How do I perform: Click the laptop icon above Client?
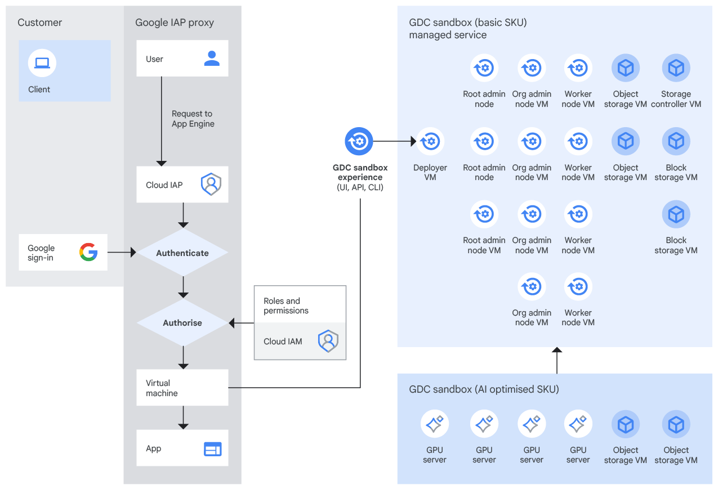pos(42,63)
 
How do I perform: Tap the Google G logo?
pos(88,253)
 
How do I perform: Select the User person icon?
pos(212,59)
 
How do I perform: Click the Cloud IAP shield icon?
pos(211,185)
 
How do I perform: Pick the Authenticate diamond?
pos(182,253)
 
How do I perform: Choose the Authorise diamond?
pos(182,323)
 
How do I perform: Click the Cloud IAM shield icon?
pos(328,341)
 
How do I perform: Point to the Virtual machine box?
pos(182,388)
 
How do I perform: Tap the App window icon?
pos(212,448)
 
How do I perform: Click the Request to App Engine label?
pos(193,119)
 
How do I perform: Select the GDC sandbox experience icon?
pos(359,141)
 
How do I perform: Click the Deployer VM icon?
pos(430,141)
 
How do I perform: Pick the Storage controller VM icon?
pos(676,68)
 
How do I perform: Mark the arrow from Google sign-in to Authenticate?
pos(122,253)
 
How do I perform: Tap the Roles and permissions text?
pos(286,305)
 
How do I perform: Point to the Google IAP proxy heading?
pos(175,23)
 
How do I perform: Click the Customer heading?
pos(39,23)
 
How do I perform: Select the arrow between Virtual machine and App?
pos(182,417)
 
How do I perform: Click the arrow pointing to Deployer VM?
pos(394,141)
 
